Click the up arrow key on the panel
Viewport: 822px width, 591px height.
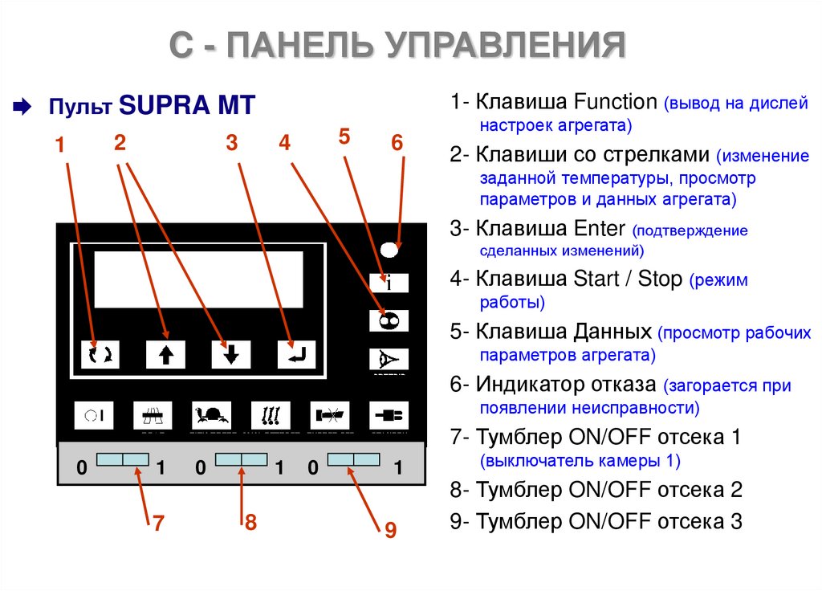(165, 353)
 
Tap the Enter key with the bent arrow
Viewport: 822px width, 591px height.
(297, 353)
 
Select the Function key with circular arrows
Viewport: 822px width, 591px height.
(100, 353)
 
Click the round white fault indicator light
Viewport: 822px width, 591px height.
(389, 249)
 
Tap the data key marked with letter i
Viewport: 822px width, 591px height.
(389, 283)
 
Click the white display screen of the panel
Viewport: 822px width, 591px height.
(199, 279)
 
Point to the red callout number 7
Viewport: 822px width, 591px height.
(158, 524)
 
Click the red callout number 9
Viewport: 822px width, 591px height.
(390, 530)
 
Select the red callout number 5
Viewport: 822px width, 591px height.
(344, 137)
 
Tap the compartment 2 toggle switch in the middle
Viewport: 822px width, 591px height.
(242, 459)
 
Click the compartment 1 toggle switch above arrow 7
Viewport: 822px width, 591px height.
(123, 459)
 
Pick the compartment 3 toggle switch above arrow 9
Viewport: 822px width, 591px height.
(353, 459)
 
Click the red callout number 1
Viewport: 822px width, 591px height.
(59, 145)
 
